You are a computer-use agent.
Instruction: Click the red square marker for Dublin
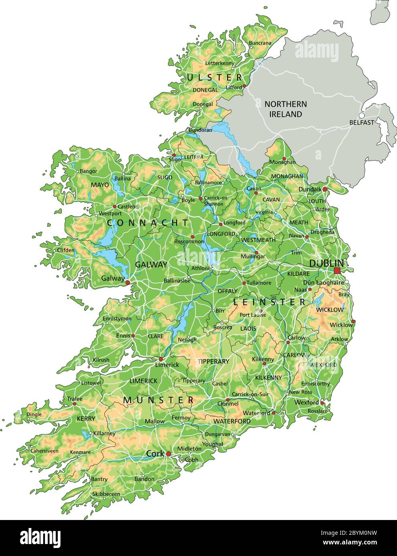tap(337, 271)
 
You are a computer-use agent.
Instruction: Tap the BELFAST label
tap(361, 122)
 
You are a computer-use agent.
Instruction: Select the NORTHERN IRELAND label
tap(286, 109)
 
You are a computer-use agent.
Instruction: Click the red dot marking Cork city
tap(169, 454)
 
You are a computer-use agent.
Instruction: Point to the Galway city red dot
tap(127, 282)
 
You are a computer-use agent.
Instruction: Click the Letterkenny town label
tap(220, 63)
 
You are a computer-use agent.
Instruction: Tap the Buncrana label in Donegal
tap(260, 43)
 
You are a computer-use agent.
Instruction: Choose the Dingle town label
tap(34, 414)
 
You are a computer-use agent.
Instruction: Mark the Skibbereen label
tap(106, 494)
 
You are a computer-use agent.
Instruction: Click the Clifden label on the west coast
tap(66, 250)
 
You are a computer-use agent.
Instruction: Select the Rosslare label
tap(318, 411)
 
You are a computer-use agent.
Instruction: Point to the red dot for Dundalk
tap(325, 189)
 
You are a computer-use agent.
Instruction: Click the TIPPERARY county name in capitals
tap(213, 361)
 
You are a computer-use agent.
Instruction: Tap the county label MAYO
tap(100, 185)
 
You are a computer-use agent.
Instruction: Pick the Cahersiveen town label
tap(44, 451)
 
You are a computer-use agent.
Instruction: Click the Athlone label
tap(201, 268)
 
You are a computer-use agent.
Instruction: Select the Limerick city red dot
tap(161, 359)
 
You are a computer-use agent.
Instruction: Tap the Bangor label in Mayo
tap(88, 171)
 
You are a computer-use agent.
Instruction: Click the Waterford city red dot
tap(274, 413)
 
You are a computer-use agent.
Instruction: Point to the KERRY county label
tap(86, 419)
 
